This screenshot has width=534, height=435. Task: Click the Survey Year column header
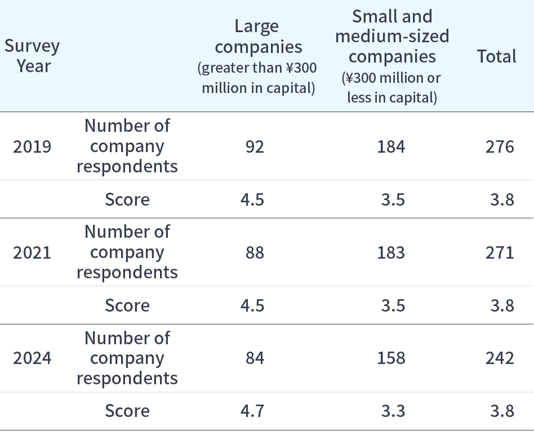32,56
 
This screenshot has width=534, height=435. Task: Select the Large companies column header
257,56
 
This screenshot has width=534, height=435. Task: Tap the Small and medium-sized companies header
392,56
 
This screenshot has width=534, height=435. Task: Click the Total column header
496,56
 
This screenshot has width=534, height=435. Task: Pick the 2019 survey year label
32,147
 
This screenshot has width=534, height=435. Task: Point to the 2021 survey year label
32,252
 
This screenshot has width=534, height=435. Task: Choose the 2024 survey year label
32,358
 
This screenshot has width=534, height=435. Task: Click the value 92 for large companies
255,147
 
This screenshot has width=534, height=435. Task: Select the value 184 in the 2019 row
391,147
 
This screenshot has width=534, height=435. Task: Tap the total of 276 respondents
500,147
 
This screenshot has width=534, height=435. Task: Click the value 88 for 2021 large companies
255,252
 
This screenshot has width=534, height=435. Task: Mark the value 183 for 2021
391,252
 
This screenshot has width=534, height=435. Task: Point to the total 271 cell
500,252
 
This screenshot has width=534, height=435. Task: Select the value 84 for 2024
255,358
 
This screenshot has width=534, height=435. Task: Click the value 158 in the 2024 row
391,358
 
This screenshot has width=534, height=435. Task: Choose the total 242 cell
500,358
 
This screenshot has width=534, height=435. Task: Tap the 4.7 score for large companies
252,411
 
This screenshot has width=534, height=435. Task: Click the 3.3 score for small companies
393,411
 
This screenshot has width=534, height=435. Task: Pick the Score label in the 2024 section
127,411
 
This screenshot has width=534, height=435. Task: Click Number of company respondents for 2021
127,252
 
